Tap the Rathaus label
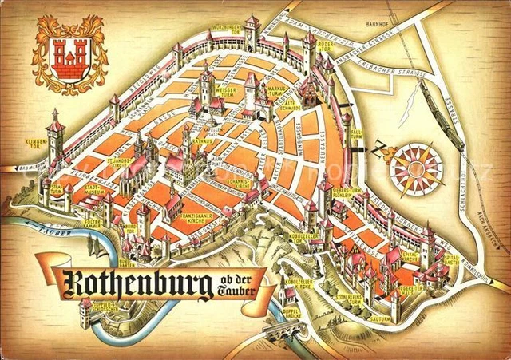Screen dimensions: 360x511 tap(201, 141)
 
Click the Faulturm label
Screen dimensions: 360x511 tap(357, 133)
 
